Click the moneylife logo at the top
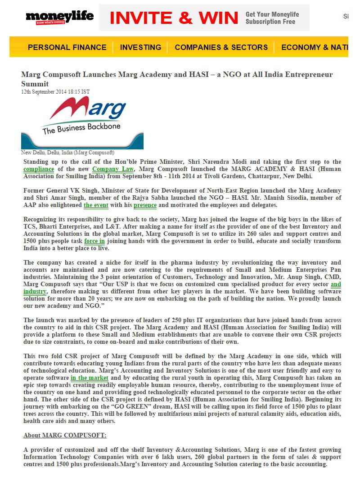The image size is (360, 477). coord(59,18)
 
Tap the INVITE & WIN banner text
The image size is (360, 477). coord(174,18)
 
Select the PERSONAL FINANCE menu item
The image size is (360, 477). coord(67,47)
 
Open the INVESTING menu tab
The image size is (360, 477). coord(140,47)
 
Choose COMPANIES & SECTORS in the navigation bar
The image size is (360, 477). coord(221,47)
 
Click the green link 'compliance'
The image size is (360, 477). coord(39,169)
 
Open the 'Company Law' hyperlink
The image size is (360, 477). coord(113,169)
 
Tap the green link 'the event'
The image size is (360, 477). coord(96,205)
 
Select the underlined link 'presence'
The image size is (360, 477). coord(145,205)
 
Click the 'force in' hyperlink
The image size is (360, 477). coord(94,241)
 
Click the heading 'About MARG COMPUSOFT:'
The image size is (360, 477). coord(65,436)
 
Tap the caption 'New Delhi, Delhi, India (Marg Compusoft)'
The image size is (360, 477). coord(67,153)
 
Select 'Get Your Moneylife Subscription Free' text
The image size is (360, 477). coord(272,18)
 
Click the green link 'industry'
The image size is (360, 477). coord(35,292)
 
